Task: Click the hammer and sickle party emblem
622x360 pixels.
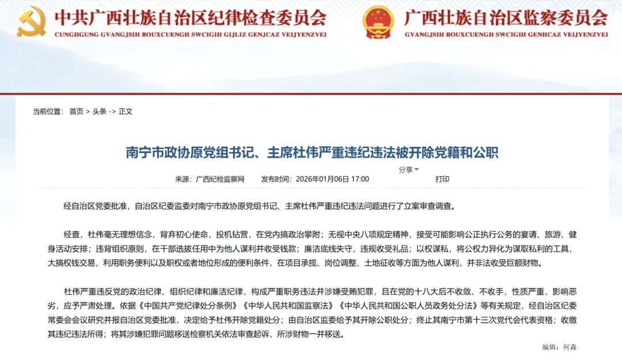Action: tap(32, 22)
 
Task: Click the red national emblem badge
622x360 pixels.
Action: tap(378, 22)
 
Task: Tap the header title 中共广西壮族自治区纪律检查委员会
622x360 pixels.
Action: tap(190, 18)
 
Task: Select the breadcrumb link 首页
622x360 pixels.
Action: tap(76, 111)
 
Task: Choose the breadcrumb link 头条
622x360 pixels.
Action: tap(99, 111)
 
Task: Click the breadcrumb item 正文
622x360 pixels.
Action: tap(126, 111)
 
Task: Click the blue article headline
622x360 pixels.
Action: tap(312, 153)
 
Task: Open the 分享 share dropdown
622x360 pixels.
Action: tap(408, 170)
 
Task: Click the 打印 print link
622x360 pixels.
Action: tap(442, 179)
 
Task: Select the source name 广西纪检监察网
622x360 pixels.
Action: tap(220, 179)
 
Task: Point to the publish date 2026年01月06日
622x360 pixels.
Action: tap(322, 179)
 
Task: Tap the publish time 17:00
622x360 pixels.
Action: tap(360, 179)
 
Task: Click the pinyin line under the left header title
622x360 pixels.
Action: tap(190, 35)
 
